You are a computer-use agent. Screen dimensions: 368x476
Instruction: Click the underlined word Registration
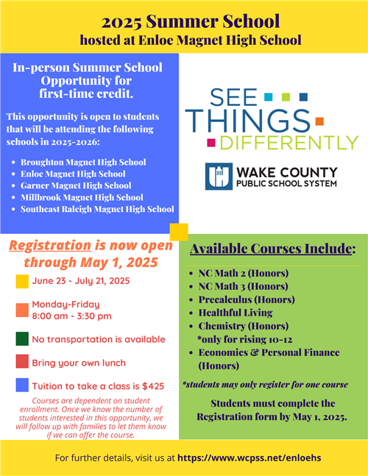[50, 246]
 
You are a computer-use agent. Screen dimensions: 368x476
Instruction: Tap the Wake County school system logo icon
[219, 177]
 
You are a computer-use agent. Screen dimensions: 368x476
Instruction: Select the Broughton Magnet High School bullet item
[83, 162]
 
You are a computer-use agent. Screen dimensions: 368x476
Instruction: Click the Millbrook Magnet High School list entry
[82, 197]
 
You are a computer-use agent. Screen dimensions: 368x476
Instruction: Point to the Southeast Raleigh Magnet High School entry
[97, 209]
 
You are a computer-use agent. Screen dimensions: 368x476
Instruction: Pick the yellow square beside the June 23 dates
[22, 282]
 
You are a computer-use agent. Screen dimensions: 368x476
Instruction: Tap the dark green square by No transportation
[22, 338]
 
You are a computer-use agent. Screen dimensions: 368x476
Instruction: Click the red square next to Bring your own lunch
[22, 361]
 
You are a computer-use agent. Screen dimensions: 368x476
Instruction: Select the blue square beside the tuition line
[22, 385]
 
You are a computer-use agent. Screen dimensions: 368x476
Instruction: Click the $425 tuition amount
[153, 386]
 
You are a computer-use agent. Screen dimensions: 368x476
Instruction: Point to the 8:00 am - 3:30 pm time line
[72, 316]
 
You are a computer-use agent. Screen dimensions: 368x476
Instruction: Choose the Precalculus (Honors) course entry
[247, 299]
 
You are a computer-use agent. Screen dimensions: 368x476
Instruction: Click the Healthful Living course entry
[236, 313]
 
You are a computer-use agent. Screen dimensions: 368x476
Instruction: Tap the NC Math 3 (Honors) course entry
[243, 286]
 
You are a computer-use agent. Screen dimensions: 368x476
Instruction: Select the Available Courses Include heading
[272, 249]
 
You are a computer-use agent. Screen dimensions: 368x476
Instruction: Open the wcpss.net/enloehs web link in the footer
[250, 458]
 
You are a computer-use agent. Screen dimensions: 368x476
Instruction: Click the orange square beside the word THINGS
[319, 121]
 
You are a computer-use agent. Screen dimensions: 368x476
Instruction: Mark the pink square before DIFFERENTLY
[211, 143]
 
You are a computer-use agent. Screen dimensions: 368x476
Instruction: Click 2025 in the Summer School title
[121, 22]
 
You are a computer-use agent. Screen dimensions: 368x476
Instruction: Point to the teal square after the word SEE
[269, 97]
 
